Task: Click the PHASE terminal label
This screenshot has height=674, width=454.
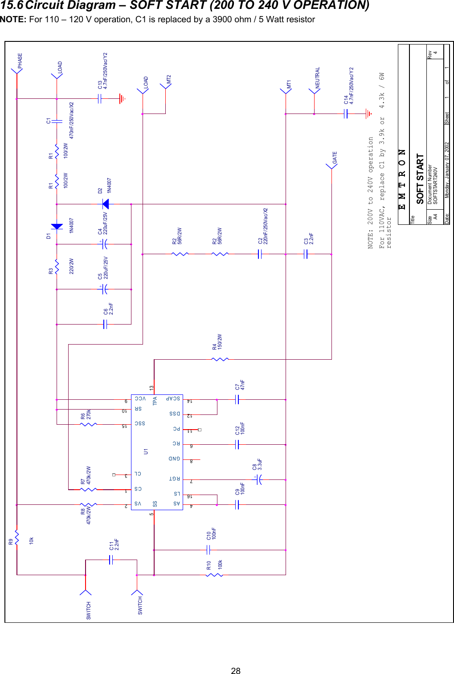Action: tap(20, 61)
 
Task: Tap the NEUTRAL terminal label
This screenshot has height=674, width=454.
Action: tap(318, 78)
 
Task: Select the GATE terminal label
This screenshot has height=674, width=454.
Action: tap(335, 158)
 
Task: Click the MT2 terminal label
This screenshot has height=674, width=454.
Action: tap(169, 80)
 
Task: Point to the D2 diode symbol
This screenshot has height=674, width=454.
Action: tap(106, 204)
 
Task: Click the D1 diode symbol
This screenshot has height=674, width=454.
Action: tap(57, 227)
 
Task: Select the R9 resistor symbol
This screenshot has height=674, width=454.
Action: tap(16, 537)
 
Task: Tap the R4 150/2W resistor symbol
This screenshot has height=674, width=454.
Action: tap(220, 359)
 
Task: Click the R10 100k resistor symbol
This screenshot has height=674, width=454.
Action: tap(214, 575)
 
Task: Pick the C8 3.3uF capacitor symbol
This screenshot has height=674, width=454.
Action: tap(259, 479)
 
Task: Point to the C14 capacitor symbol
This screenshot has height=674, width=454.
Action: tap(346, 114)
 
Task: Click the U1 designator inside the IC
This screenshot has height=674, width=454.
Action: tap(146, 451)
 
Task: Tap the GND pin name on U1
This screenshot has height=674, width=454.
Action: tap(174, 459)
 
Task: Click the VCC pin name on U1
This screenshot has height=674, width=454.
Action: tap(140, 399)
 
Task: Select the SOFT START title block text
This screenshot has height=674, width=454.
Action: tap(420, 179)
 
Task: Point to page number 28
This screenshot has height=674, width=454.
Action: tap(236, 671)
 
